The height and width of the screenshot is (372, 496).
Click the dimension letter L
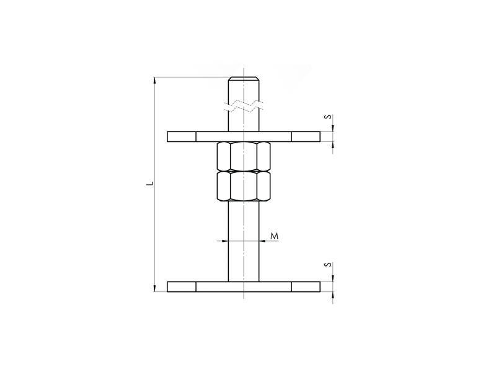click(151, 183)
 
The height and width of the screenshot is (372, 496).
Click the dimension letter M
click(274, 236)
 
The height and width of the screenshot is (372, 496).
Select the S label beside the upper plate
click(329, 117)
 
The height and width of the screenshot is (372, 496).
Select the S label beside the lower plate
click(329, 264)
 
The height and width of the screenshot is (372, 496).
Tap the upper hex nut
click(244, 156)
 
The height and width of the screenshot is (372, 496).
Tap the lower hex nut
click(244, 186)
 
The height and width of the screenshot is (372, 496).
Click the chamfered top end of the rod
click(244, 79)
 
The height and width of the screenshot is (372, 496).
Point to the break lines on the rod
click(244, 106)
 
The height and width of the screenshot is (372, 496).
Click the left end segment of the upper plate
click(182, 136)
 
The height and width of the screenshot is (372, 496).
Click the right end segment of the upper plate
click(306, 136)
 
